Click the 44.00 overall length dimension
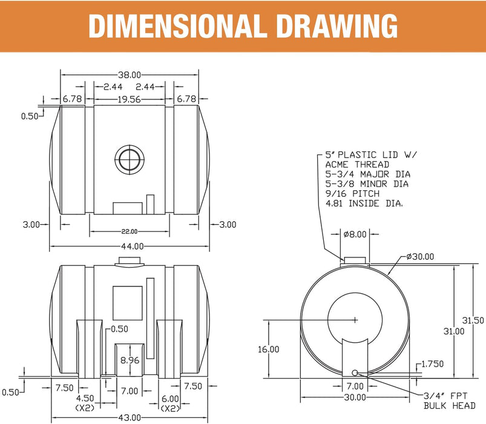pyautogui.click(x=131, y=246)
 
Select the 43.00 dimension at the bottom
pyautogui.click(x=130, y=418)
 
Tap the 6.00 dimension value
pyautogui.click(x=170, y=399)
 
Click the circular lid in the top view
pyautogui.click(x=130, y=160)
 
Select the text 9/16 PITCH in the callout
pyautogui.click(x=349, y=194)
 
